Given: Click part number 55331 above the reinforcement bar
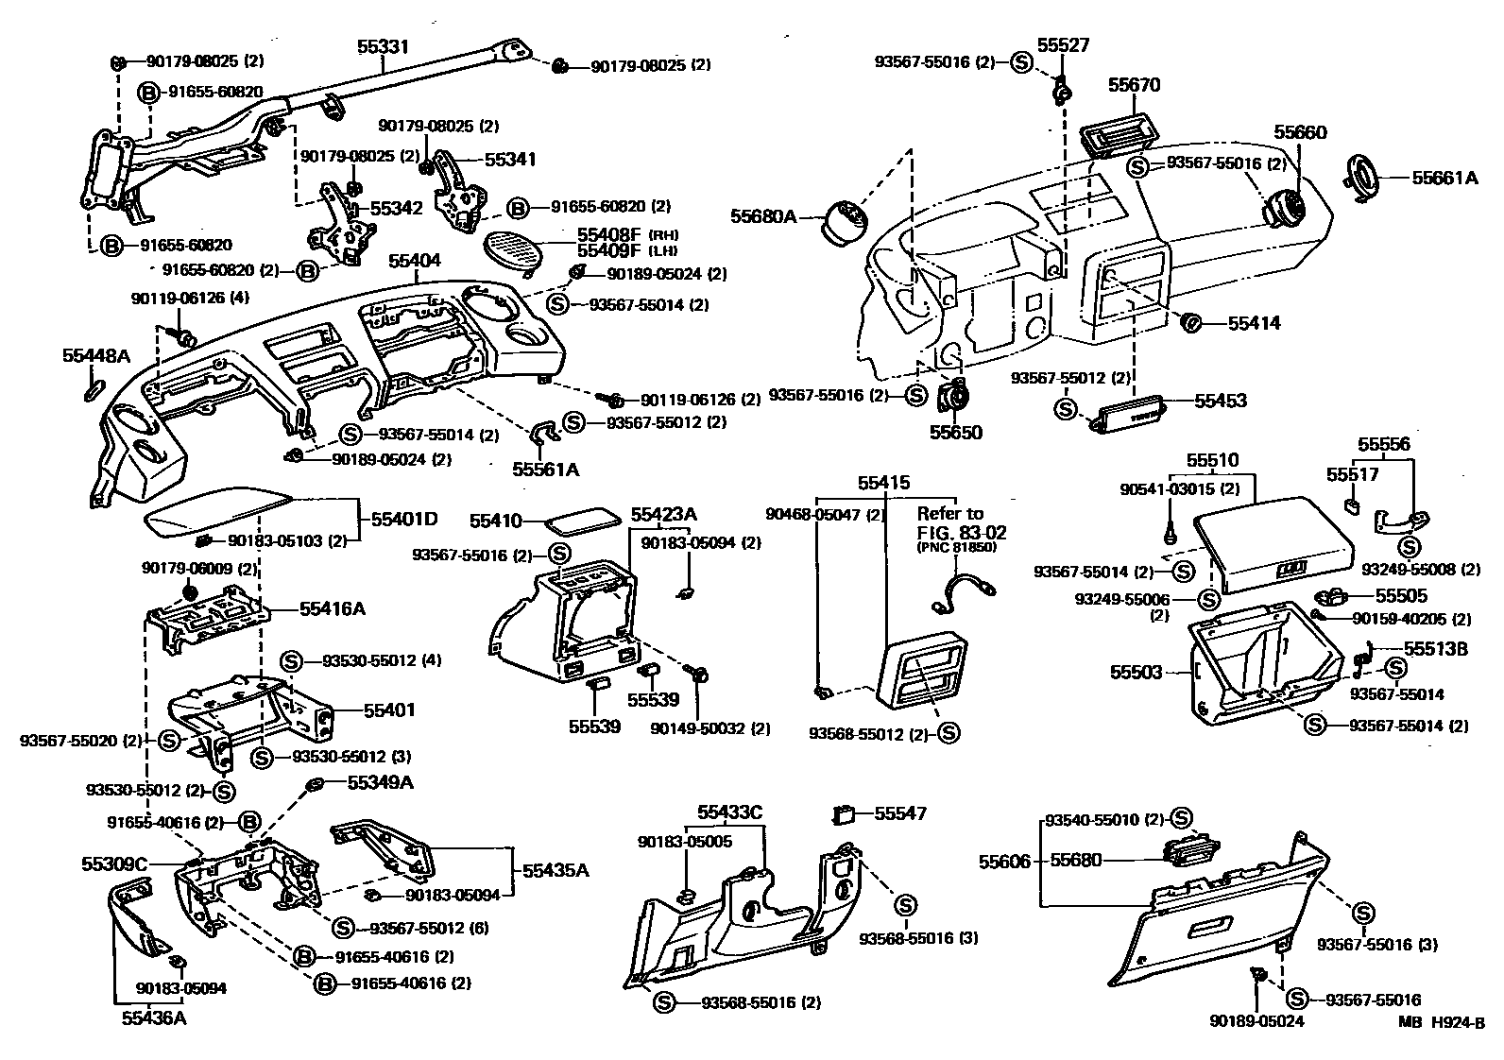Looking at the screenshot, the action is click(383, 47).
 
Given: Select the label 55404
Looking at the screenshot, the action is click(415, 261).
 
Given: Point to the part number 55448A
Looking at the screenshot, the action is click(96, 356).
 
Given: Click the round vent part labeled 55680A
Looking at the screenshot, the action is click(845, 221).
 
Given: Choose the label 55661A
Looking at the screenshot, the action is click(1444, 178).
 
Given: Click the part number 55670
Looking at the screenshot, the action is click(1134, 85).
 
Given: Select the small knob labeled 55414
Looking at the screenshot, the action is click(1192, 323).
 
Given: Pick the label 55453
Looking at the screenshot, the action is click(1221, 401).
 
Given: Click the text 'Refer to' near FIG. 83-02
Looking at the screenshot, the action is click(950, 514).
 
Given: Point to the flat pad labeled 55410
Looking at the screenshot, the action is click(581, 521).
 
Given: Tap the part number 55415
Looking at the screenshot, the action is click(883, 483).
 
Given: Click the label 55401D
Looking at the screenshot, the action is click(404, 519).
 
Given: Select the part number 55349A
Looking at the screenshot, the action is click(380, 783).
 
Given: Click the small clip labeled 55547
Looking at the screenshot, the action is click(844, 814).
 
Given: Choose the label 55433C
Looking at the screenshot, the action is click(730, 812).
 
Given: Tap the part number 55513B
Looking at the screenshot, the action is click(1436, 648).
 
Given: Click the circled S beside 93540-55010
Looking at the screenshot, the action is click(1181, 817).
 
